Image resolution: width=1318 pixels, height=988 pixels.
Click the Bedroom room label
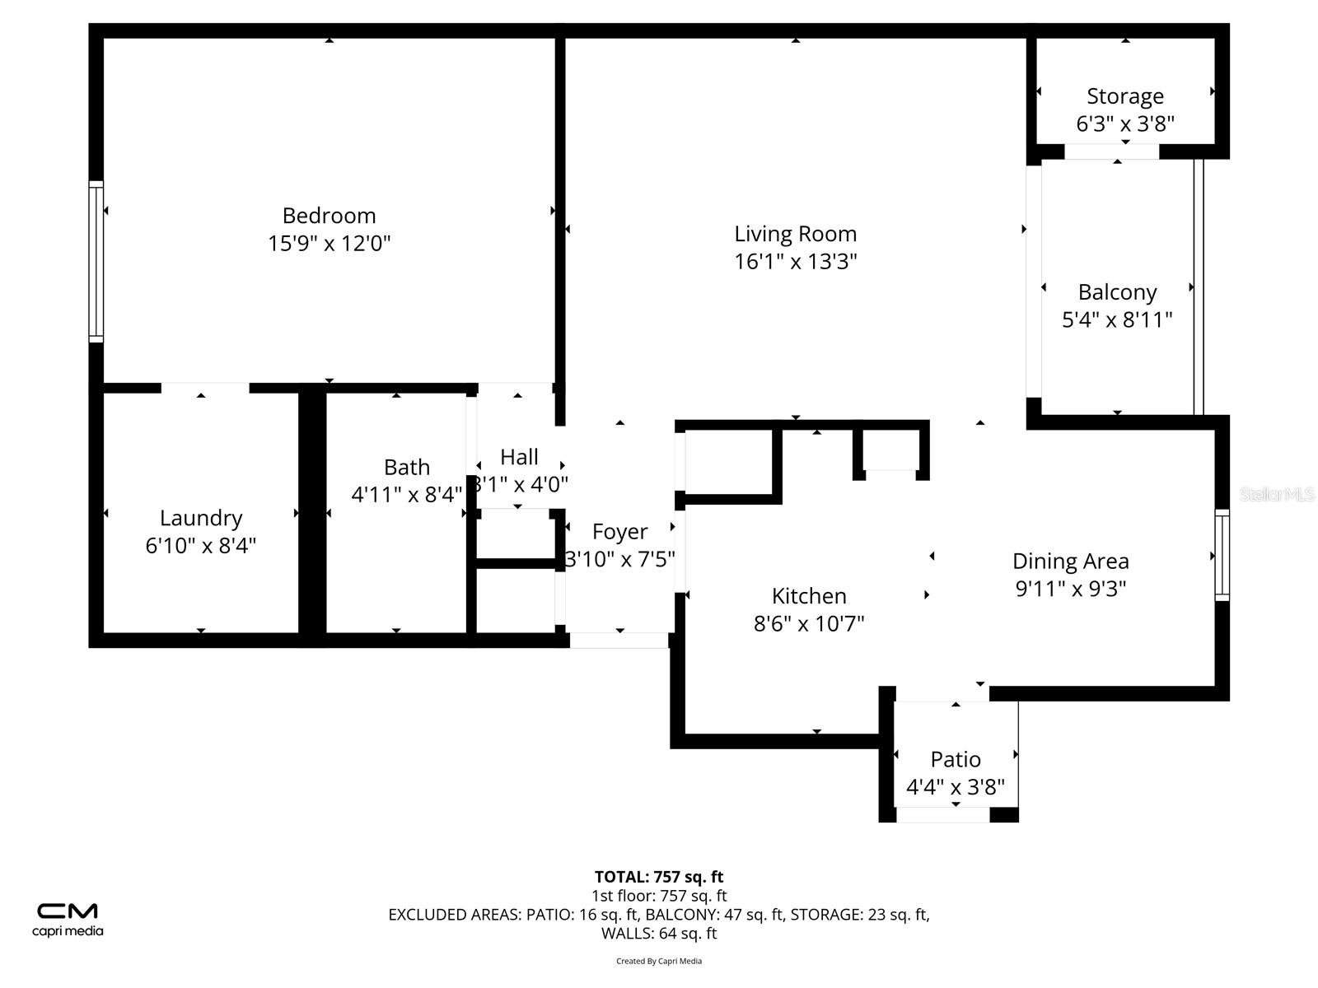tap(329, 216)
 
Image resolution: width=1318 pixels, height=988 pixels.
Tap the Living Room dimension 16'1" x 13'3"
tap(795, 262)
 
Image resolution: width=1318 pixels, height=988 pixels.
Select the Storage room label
tap(1124, 96)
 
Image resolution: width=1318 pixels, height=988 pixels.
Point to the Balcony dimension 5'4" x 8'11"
tap(1116, 320)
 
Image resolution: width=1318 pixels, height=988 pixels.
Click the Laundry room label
tap(201, 518)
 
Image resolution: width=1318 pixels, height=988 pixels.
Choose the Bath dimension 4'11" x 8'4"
tap(406, 495)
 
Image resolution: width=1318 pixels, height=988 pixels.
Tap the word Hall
tap(519, 457)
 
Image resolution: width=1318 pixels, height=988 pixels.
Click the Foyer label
tap(619, 532)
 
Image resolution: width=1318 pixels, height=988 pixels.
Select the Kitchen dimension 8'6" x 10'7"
tap(808, 624)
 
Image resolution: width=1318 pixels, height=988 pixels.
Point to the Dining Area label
tap(1070, 562)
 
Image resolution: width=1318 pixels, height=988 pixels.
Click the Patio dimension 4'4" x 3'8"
tap(956, 788)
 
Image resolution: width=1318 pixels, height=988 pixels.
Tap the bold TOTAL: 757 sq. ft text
tap(658, 877)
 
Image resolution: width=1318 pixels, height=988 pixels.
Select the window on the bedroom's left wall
tap(96, 261)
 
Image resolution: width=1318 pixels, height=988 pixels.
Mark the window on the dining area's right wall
tap(1222, 555)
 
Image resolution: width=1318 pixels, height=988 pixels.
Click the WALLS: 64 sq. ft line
tap(658, 934)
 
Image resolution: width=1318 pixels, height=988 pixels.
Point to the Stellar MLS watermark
tap(1276, 495)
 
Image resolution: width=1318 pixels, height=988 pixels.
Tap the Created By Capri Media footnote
tap(658, 961)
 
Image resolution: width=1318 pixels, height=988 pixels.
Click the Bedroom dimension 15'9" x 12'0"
tap(329, 244)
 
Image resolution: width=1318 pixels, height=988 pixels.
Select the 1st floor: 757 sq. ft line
tap(658, 896)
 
